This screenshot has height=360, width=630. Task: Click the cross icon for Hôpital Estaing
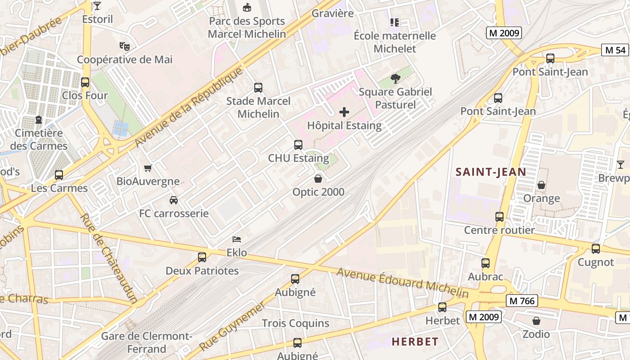pyautogui.click(x=344, y=112)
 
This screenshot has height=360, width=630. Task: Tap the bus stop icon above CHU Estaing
pyautogui.click(x=298, y=144)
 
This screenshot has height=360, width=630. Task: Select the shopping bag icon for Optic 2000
pyautogui.click(x=318, y=179)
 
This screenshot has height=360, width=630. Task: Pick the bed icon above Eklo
pyautogui.click(x=237, y=239)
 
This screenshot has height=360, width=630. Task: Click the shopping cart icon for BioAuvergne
pyautogui.click(x=148, y=168)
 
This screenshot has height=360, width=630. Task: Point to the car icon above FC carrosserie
pyautogui.click(x=174, y=200)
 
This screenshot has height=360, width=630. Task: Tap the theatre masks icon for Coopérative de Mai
pyautogui.click(x=125, y=46)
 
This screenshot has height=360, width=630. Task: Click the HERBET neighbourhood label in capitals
pyautogui.click(x=415, y=342)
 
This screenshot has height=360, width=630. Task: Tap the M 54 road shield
pyautogui.click(x=615, y=50)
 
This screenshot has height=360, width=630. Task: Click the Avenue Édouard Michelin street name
pyautogui.click(x=402, y=283)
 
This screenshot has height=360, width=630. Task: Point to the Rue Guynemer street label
pyautogui.click(x=232, y=327)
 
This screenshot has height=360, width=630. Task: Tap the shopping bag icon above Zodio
pyautogui.click(x=536, y=321)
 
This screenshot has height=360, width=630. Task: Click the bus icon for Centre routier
pyautogui.click(x=499, y=217)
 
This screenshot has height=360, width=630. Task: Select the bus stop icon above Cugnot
pyautogui.click(x=596, y=248)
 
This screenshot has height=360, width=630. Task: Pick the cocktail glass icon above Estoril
pyautogui.click(x=97, y=6)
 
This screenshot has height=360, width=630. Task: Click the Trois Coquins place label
pyautogui.click(x=296, y=323)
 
